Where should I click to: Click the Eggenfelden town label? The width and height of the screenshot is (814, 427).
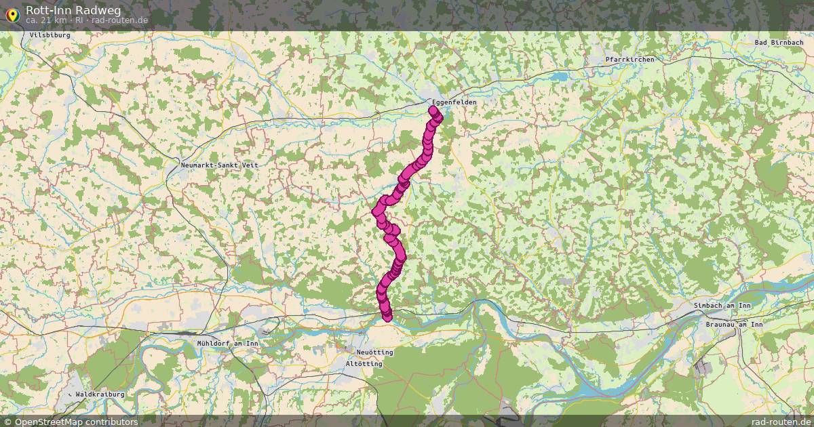click(x=454, y=102)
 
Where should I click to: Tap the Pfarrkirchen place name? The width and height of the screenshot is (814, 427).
click(x=629, y=60)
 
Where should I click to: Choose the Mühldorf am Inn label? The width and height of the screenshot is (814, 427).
click(x=227, y=344)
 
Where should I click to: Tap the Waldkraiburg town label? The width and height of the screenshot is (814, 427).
click(x=100, y=394)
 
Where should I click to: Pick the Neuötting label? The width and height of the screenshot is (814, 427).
click(x=374, y=352)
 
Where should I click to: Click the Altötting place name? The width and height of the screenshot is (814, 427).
click(x=364, y=364)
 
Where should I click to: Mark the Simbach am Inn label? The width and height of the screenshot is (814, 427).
click(x=722, y=306)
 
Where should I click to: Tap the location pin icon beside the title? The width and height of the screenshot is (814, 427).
click(x=12, y=13)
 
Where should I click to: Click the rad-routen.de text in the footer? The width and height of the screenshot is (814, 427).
click(x=782, y=422)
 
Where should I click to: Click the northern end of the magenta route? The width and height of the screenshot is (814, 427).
click(x=433, y=109)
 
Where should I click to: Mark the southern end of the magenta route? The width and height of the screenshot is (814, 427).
click(x=387, y=317)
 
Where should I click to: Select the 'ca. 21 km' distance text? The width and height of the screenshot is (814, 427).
click(x=46, y=20)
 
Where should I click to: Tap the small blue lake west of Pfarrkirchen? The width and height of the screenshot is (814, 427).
click(x=560, y=77)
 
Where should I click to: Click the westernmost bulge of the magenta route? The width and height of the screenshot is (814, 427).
click(x=376, y=211)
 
